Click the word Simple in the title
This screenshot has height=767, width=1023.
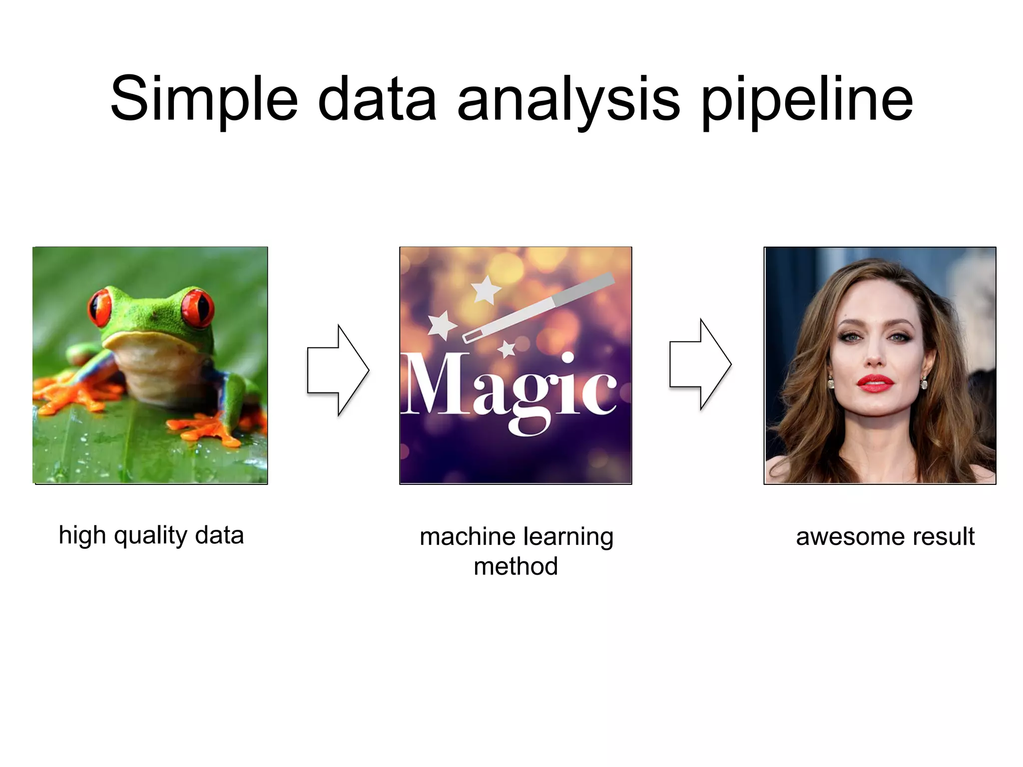(204, 99)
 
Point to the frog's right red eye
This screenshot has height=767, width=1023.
(197, 306)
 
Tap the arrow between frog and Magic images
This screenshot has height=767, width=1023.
(338, 370)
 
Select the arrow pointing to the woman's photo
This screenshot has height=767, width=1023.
(700, 365)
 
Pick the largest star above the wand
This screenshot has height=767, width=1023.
(486, 289)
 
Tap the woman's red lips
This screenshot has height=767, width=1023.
(875, 383)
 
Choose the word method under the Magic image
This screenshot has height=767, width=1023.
(515, 567)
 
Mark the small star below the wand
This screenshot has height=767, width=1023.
(507, 349)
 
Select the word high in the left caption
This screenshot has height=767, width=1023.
(82, 535)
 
